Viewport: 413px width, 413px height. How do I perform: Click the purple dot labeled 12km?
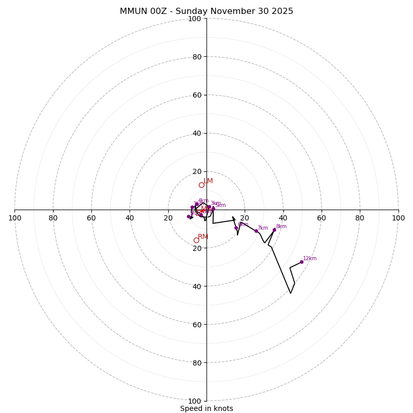(x=301, y=262)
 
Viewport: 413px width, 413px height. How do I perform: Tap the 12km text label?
(x=310, y=259)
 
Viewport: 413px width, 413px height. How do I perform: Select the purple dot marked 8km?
(x=274, y=230)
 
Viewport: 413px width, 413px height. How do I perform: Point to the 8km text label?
(x=281, y=227)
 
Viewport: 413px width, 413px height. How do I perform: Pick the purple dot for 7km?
(x=256, y=231)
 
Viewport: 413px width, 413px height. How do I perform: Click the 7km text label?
(x=263, y=228)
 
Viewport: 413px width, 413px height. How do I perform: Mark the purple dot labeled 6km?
(x=236, y=228)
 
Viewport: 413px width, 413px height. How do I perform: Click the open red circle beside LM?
(x=201, y=185)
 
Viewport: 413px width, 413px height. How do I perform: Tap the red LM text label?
(x=208, y=181)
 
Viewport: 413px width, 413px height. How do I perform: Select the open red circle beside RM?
(x=196, y=240)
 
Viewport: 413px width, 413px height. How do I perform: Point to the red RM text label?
(x=203, y=237)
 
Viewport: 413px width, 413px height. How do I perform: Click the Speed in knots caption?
(x=206, y=409)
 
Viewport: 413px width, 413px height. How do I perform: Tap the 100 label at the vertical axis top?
(x=195, y=19)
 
